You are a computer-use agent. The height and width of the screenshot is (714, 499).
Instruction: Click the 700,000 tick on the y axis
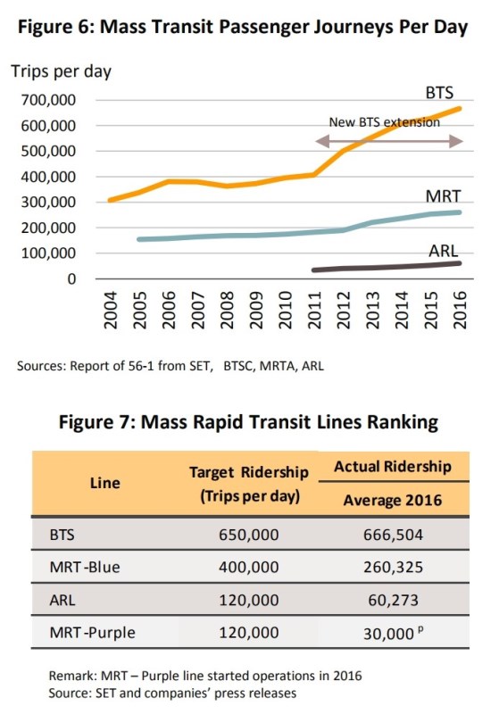pyautogui.click(x=48, y=100)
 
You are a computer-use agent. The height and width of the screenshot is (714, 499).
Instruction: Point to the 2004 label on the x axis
pyautogui.click(x=111, y=310)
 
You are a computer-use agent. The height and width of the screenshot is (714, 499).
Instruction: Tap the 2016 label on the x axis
pyautogui.click(x=461, y=310)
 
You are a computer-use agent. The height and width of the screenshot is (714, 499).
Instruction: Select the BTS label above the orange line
pyautogui.click(x=439, y=93)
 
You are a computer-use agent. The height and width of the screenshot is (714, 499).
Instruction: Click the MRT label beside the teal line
pyautogui.click(x=443, y=196)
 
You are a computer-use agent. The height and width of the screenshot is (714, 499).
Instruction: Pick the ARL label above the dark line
pyautogui.click(x=443, y=251)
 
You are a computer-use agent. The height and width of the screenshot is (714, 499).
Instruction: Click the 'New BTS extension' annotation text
pyautogui.click(x=384, y=122)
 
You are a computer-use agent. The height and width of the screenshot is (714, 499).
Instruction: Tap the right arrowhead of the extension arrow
pyautogui.click(x=456, y=141)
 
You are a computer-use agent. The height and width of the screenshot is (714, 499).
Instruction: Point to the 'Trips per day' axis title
pyautogui.click(x=61, y=71)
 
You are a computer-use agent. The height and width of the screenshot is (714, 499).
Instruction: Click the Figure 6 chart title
pyautogui.click(x=243, y=27)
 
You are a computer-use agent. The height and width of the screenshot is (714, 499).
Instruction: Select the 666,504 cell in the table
pyautogui.click(x=393, y=534)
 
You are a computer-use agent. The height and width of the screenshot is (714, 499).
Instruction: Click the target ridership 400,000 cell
pyautogui.click(x=248, y=567)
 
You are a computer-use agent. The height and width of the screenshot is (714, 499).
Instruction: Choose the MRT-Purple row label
pyautogui.click(x=92, y=633)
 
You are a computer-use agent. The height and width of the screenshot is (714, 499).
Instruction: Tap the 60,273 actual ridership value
pyautogui.click(x=393, y=600)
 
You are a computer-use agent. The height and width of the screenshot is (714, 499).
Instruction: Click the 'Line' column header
pyautogui.click(x=105, y=483)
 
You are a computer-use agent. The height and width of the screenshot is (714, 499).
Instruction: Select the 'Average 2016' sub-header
pyautogui.click(x=393, y=500)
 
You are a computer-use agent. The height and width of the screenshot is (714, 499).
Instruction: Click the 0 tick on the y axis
pyautogui.click(x=71, y=278)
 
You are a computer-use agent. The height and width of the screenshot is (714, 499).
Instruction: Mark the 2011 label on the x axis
pyautogui.click(x=314, y=310)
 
